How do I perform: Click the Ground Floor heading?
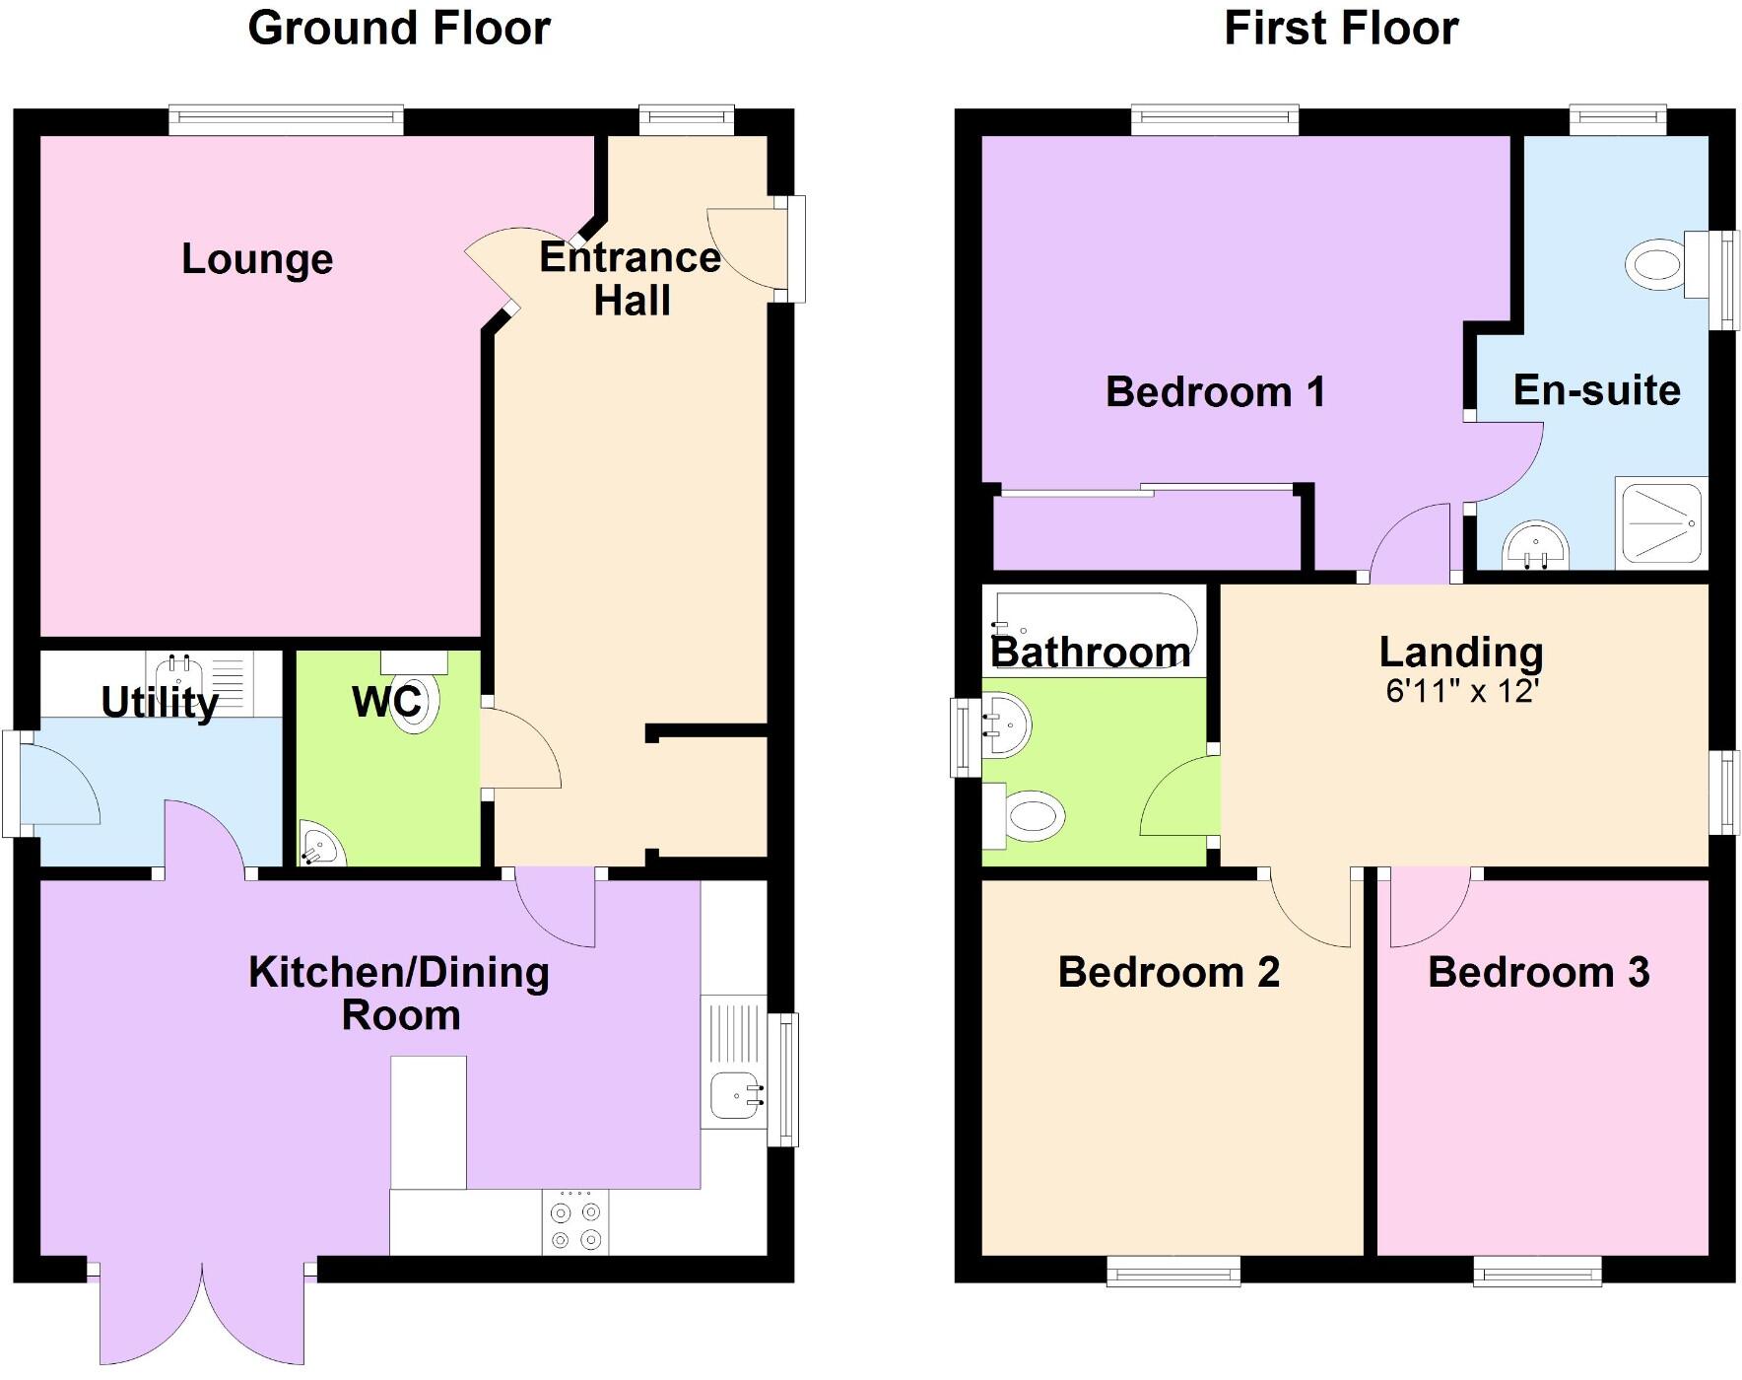399,29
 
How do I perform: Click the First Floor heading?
1340,29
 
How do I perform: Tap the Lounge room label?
257,259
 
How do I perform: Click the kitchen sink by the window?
733,1094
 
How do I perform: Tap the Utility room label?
160,703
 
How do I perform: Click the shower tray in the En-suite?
1660,523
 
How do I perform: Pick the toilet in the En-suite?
1657,264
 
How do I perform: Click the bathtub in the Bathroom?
1094,631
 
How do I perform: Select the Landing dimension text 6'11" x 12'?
1461,691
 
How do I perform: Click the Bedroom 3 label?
1538,973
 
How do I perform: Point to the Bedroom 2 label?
1169,973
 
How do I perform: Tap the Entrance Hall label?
631,278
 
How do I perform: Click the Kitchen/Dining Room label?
399,994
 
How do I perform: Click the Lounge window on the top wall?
286,120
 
